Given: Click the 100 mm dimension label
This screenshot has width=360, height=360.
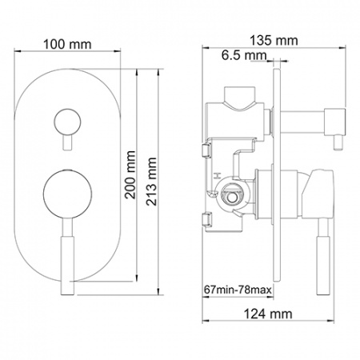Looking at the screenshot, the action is click(67, 44).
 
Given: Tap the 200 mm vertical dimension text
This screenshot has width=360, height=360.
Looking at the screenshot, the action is click(130, 175).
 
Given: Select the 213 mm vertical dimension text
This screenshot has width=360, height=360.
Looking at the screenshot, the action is click(151, 182).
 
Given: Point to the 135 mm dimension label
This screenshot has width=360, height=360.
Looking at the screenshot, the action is click(274, 41).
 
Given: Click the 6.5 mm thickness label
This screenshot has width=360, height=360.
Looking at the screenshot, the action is click(244, 55).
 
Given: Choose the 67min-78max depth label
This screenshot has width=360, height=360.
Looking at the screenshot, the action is click(238, 290).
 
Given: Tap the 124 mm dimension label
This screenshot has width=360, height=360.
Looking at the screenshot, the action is click(268, 314).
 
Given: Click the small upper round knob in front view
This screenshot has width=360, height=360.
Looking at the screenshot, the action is click(67, 122).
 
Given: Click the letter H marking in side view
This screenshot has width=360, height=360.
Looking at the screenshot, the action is click(218, 176).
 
